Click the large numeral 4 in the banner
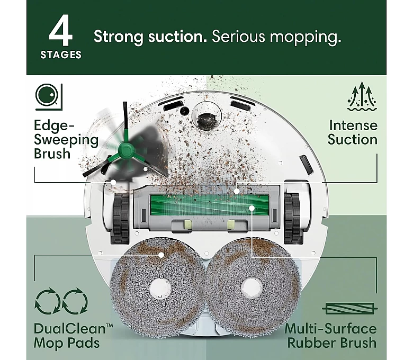click(61, 31)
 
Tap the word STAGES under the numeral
click(61, 55)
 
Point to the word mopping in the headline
click(306, 38)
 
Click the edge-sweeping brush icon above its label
click(49, 97)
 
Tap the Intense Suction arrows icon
click(362, 96)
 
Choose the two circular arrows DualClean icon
click(61, 301)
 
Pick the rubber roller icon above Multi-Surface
click(350, 309)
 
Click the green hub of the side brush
click(125, 151)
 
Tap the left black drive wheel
click(121, 218)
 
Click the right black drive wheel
click(292, 218)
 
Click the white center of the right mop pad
click(252, 286)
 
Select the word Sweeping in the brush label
click(66, 140)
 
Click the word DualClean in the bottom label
click(70, 329)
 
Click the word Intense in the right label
click(354, 125)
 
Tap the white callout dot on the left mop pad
click(161, 255)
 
